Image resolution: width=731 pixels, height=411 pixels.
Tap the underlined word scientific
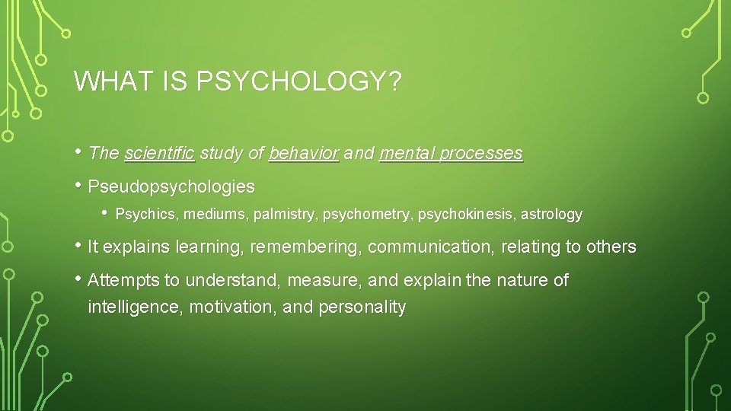(160, 153)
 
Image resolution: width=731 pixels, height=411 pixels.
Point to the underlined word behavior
(304, 153)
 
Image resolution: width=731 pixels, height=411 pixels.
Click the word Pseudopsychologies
(171, 186)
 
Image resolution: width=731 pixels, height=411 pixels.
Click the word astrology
(551, 215)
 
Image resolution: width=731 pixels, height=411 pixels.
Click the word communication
(425, 247)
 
